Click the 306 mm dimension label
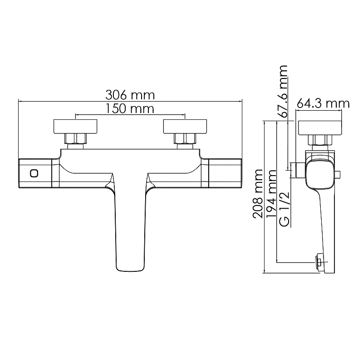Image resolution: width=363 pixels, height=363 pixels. tap(130, 95)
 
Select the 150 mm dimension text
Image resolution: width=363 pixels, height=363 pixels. tap(130, 108)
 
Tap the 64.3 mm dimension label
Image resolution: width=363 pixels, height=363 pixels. tap(323, 103)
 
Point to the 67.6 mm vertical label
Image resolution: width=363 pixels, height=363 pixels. tap(283, 91)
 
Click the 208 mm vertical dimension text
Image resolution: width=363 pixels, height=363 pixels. tap(258, 194)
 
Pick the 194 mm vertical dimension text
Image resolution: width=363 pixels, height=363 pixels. tap(271, 194)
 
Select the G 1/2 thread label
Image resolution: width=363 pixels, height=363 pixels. tap(285, 209)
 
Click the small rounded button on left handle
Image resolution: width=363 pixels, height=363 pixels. tap(34, 173)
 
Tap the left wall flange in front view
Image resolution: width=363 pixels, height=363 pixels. tap(75, 127)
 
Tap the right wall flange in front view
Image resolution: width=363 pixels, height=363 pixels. tap(185, 127)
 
